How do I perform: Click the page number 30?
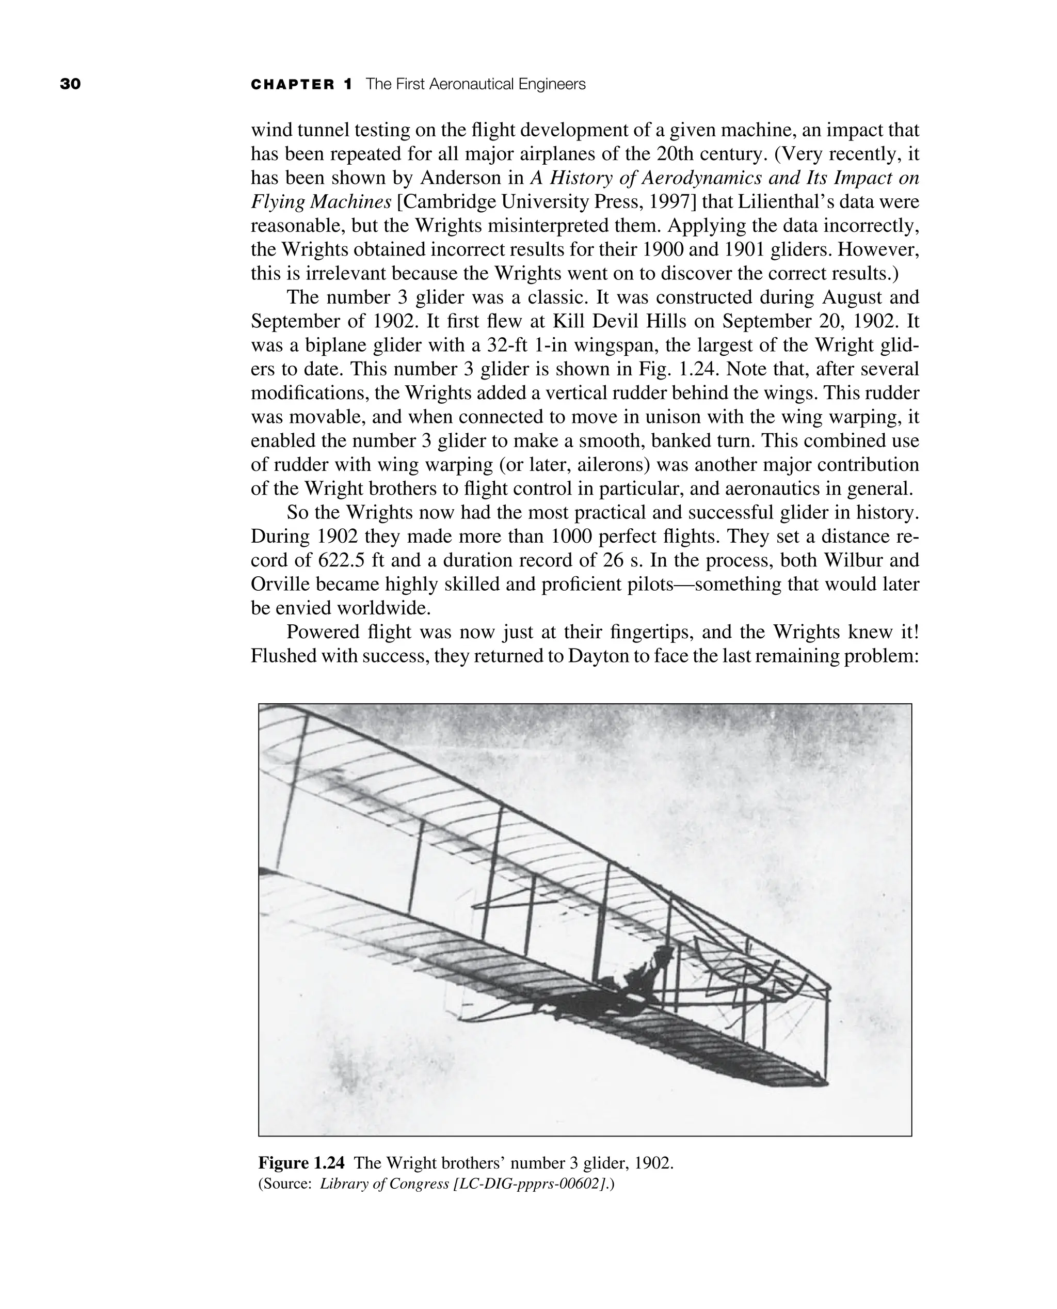coord(70,84)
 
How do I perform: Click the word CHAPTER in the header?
coord(293,85)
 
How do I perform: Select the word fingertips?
coord(649,632)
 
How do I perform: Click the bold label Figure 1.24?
coord(301,1163)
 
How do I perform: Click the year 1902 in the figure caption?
coord(653,1163)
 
